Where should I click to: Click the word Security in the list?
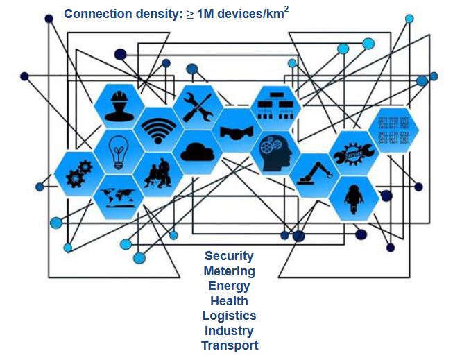point(229,256)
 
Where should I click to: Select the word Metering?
point(229,271)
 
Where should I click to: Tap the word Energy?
point(229,286)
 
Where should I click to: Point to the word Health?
point(229,300)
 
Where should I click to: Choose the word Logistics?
point(229,316)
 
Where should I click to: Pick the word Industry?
point(229,330)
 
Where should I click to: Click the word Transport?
point(229,345)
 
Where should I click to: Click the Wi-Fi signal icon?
point(159,129)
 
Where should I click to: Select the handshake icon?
point(237,130)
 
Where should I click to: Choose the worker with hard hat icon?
point(119,108)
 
